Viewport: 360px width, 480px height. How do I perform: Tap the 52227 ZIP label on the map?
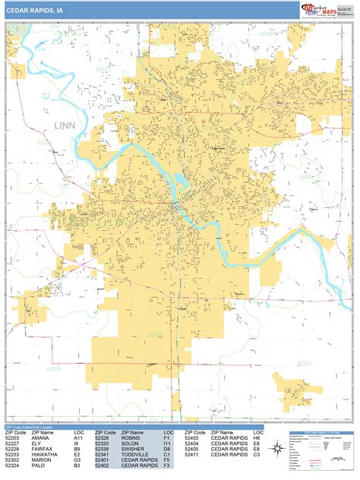tap(304, 364)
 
